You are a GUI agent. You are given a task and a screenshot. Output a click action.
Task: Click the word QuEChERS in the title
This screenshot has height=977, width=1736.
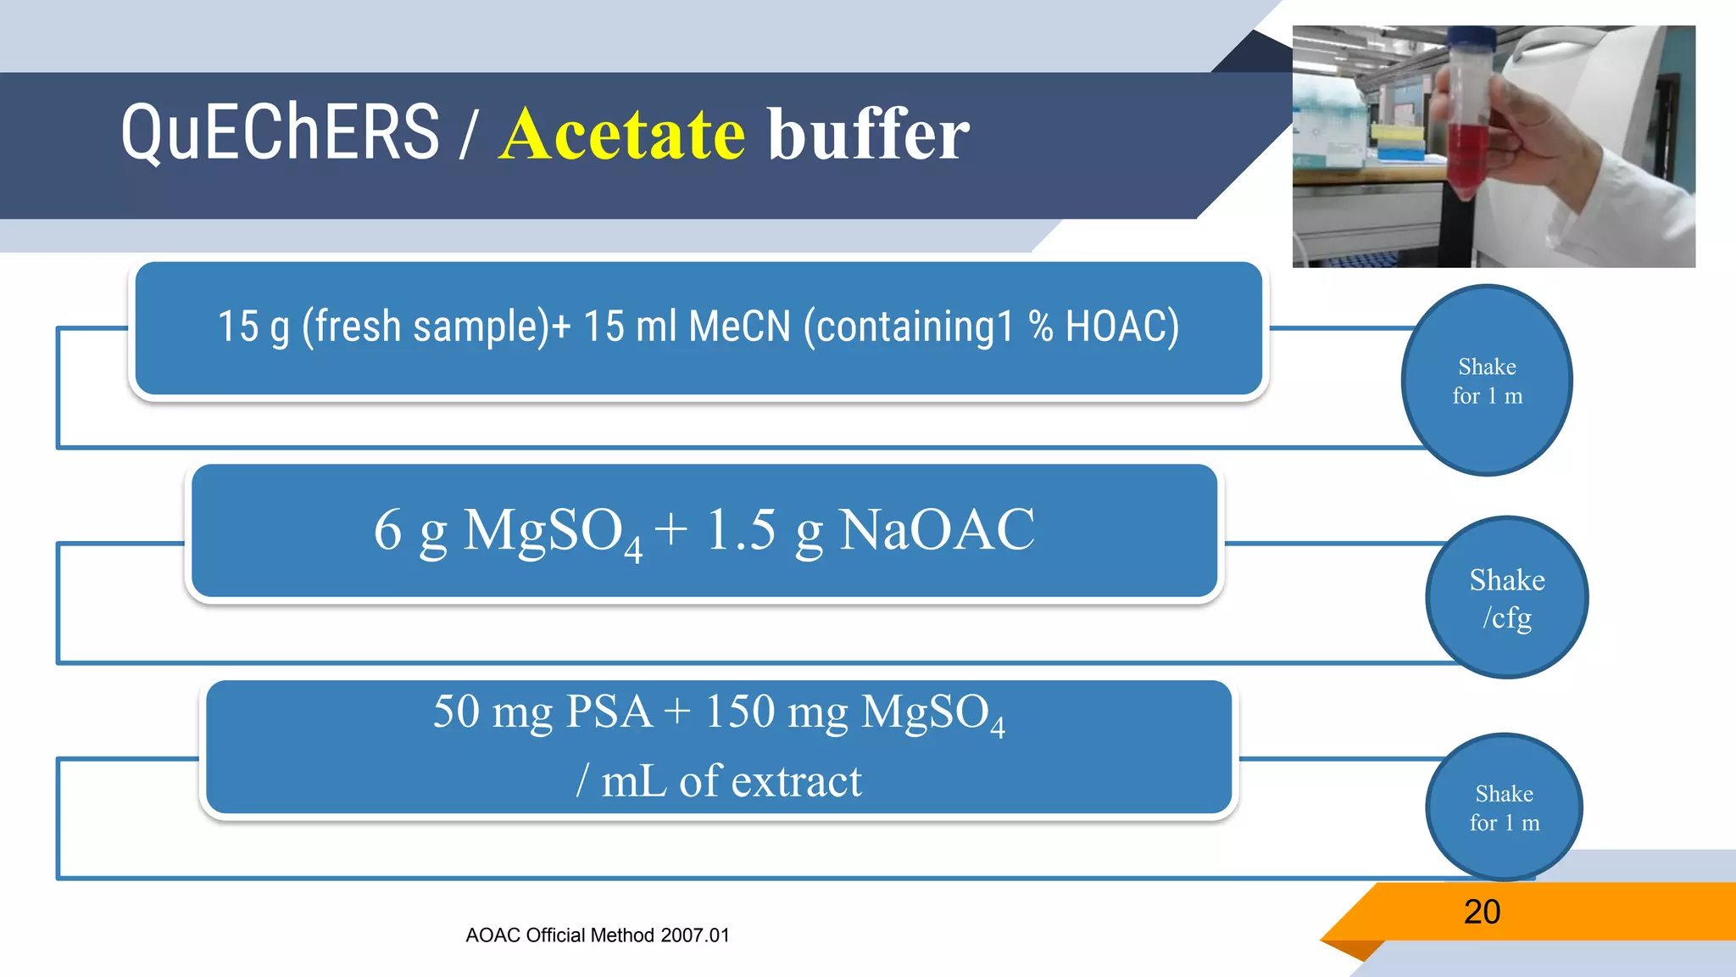[x=280, y=133]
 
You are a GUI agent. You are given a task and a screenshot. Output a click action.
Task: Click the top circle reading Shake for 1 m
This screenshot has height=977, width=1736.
[x=1487, y=381]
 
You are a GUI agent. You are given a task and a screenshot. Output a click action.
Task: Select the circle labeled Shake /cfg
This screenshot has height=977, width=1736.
[x=1506, y=598]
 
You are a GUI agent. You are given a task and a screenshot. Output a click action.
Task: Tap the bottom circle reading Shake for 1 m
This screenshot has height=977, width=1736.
[x=1504, y=807]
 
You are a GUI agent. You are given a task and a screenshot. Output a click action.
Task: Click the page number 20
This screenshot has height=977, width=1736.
[x=1482, y=912]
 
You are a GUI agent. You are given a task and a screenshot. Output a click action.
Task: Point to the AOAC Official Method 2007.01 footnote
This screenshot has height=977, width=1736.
[x=597, y=935]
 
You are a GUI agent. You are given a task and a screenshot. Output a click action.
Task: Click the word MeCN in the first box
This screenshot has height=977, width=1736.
[x=739, y=327]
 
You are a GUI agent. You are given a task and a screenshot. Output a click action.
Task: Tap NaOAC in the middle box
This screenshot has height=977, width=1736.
[x=936, y=530]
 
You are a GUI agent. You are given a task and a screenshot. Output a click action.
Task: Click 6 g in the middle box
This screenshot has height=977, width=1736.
[x=410, y=530]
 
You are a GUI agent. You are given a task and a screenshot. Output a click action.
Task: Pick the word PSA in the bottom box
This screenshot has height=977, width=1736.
[x=609, y=711]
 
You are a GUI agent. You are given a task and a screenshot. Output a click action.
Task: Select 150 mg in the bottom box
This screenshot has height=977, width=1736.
[x=776, y=711]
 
